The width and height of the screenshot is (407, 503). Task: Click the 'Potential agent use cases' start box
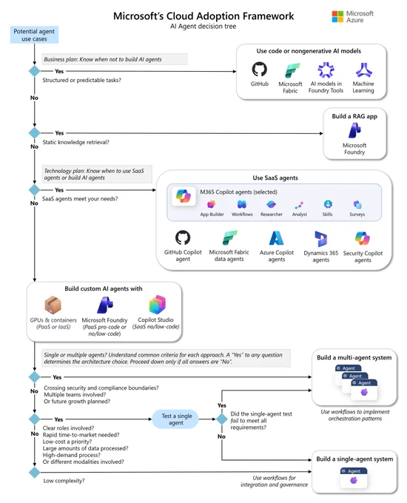pyautogui.click(x=34, y=35)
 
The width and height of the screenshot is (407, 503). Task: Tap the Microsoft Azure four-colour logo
pyautogui.click(x=337, y=16)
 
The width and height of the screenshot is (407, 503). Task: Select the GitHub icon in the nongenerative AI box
pyautogui.click(x=259, y=69)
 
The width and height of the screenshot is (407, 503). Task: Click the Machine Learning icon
pyautogui.click(x=363, y=70)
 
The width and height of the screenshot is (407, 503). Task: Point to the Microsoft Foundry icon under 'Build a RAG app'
pyautogui.click(x=354, y=131)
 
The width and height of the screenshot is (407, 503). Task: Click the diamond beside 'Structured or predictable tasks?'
pyautogui.click(x=34, y=71)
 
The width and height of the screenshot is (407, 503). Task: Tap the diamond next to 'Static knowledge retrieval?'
pyautogui.click(x=34, y=133)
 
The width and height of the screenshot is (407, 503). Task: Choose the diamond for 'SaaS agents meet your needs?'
pyautogui.click(x=34, y=190)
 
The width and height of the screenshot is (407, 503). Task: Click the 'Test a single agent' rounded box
pyautogui.click(x=175, y=419)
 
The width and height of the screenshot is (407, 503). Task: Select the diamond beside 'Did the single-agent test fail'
pyautogui.click(x=222, y=419)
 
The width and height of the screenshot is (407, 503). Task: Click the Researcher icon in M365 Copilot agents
pyautogui.click(x=272, y=204)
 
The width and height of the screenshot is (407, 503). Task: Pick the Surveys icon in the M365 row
pyautogui.click(x=357, y=204)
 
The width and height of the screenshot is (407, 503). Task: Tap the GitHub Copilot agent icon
pyautogui.click(x=183, y=237)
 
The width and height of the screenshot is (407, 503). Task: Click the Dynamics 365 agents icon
pyautogui.click(x=320, y=239)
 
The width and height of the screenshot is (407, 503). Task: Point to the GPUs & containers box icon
pyautogui.click(x=53, y=305)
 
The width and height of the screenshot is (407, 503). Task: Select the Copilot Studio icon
pyautogui.click(x=158, y=305)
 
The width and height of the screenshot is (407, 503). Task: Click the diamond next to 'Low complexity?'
pyautogui.click(x=34, y=473)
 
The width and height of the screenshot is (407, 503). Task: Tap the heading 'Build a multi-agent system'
pyautogui.click(x=354, y=358)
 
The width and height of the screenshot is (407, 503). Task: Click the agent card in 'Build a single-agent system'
pyautogui.click(x=354, y=478)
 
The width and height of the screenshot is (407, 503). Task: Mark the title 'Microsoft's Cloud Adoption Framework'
pyautogui.click(x=203, y=16)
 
